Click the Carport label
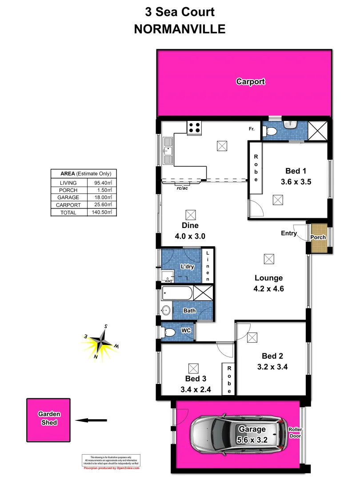tap(251, 82)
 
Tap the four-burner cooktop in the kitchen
tap(195, 128)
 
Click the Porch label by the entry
tap(318, 237)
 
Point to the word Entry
tap(289, 233)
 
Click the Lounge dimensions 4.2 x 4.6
tap(269, 288)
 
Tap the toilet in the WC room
tap(169, 332)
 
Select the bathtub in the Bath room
tap(177, 293)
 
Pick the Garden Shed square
tap(48, 419)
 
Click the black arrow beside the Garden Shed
tap(91, 420)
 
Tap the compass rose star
tap(101, 342)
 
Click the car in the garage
tap(238, 433)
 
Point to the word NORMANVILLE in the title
tap(180, 29)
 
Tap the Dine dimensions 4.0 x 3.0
tap(191, 236)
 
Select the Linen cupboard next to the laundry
tap(208, 266)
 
